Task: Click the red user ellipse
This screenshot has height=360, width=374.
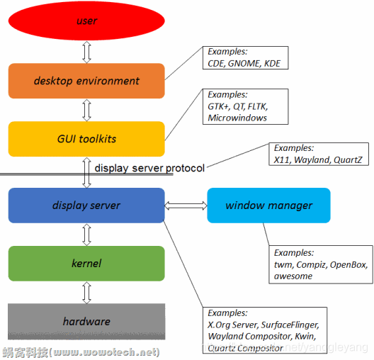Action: coord(86,21)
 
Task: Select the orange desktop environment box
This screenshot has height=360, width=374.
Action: coord(86,81)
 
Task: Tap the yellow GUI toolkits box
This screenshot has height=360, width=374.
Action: coord(86,138)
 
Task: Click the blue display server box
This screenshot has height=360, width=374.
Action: coord(86,206)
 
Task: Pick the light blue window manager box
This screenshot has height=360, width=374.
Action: coord(268,206)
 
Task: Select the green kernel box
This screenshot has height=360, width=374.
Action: coord(86,264)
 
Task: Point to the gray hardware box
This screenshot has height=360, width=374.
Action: coord(86,321)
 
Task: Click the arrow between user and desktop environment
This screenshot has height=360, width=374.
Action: coord(86,51)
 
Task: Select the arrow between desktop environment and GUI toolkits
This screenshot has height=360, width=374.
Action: coord(86,110)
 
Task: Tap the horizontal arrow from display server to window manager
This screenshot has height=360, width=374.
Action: coord(186,206)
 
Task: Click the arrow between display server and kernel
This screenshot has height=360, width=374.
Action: coord(86,235)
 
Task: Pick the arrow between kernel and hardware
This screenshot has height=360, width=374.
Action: coord(86,292)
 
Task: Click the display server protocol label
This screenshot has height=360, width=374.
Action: coord(149,168)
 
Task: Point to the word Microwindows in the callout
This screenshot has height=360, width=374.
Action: coord(237,118)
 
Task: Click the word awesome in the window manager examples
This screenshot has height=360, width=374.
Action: coord(294,276)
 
